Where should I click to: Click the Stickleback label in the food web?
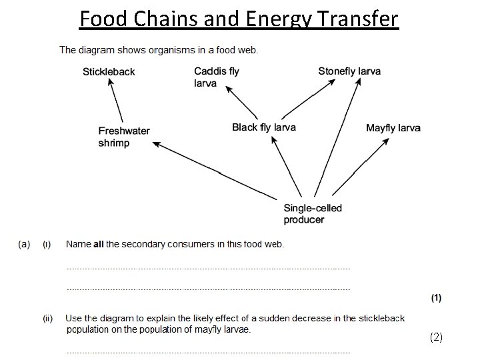pos(109,72)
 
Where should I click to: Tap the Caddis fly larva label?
pos(216,77)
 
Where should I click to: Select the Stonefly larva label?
pos(349,71)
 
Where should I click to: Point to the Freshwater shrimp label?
pos(124,137)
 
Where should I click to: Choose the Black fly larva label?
pos(264,127)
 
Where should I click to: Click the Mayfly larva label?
pos(393,127)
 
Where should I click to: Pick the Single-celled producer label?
pos(313,213)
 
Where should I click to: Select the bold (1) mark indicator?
pos(435,298)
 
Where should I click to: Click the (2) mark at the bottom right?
pos(436,337)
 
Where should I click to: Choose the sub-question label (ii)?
pos(48,319)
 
